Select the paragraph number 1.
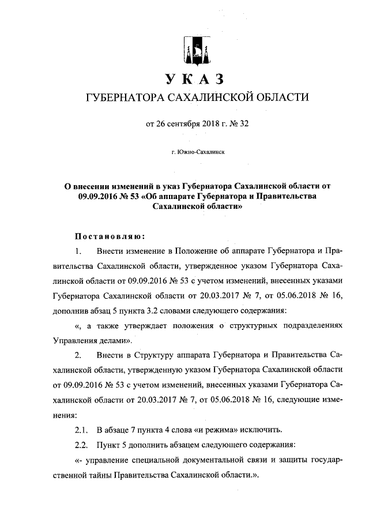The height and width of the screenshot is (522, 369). click(79, 251)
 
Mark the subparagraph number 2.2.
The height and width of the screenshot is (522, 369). click(82, 446)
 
